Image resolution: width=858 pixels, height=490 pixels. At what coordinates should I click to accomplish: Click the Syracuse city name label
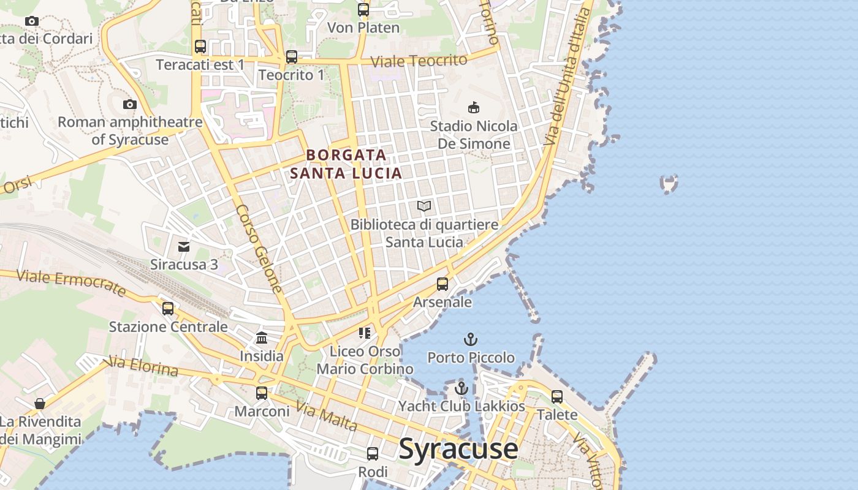tap(458, 449)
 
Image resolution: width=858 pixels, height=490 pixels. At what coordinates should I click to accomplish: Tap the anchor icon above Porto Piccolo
tap(470, 339)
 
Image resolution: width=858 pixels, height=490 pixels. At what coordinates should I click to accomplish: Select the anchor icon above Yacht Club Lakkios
tap(461, 388)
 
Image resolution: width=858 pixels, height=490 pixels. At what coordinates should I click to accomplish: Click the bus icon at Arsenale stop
tap(442, 284)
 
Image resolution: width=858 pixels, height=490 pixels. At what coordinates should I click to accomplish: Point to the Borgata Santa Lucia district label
tap(346, 164)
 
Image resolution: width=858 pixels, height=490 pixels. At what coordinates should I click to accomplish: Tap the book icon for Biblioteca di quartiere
tap(424, 206)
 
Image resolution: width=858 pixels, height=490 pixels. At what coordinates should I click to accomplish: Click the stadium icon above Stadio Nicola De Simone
tap(473, 108)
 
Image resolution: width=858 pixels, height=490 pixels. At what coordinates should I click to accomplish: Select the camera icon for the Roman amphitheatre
tap(129, 104)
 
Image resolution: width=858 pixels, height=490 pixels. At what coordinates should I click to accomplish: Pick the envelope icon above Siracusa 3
tap(184, 247)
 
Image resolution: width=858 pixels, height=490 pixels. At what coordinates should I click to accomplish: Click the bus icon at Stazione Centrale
tap(168, 309)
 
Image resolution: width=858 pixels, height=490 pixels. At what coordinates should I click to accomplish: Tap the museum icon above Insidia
tap(262, 338)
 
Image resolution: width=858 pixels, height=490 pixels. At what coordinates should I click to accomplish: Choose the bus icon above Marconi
tap(262, 393)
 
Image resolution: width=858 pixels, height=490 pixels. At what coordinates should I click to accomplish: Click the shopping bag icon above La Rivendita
tap(40, 404)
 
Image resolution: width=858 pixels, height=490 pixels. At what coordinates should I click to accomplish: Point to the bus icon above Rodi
tap(373, 454)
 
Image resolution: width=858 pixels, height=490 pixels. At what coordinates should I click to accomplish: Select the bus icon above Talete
tap(557, 397)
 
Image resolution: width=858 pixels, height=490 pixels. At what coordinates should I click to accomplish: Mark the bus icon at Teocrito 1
tap(292, 57)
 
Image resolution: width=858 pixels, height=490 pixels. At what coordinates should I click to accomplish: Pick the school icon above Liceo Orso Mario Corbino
tap(365, 333)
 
